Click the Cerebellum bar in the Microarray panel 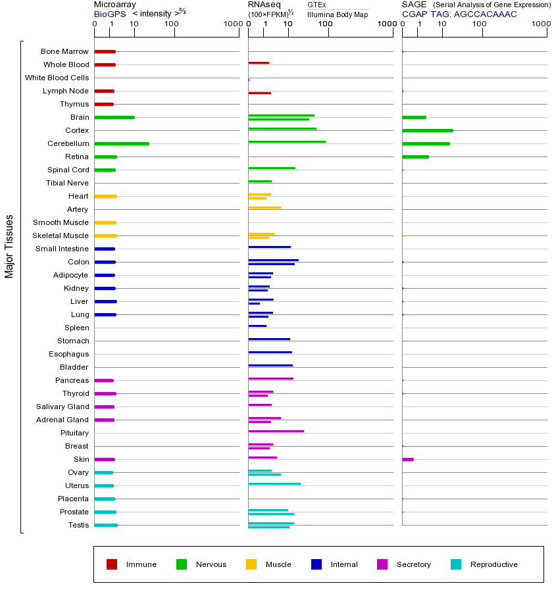point(122,143)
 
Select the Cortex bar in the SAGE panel point(428,130)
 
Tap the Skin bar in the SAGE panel point(408,459)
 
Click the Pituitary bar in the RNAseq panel point(276,431)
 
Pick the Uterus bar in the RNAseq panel point(274,483)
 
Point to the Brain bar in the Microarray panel point(114,117)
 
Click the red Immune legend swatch point(112,564)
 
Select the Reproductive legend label point(493,564)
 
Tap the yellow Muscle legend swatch point(251,564)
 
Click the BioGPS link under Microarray point(109,14)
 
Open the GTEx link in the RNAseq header point(316,5)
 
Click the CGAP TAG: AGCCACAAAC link point(459,14)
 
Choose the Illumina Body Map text point(338,14)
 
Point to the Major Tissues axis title point(9,246)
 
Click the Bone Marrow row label point(64,51)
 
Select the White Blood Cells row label point(57,78)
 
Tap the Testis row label point(78,525)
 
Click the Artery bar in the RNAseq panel point(264,207)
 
